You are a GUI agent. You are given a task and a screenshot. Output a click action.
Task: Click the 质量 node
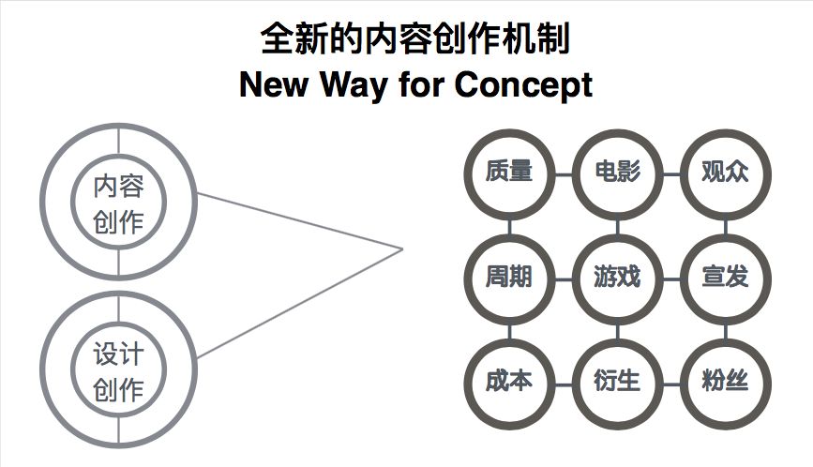click(x=509, y=173)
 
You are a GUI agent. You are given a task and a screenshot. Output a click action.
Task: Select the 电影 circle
click(x=617, y=173)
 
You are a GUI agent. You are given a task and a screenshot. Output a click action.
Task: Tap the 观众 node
click(x=725, y=173)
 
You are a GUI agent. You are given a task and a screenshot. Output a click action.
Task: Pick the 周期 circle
click(x=509, y=279)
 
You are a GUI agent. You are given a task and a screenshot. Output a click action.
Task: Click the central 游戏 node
click(x=617, y=279)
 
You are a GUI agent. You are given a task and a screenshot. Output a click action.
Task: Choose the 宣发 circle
click(x=725, y=279)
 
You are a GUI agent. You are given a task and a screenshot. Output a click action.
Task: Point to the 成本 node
click(x=509, y=383)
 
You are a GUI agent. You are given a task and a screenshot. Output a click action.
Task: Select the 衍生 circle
click(x=617, y=383)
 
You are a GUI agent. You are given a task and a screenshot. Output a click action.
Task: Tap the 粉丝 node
click(x=725, y=383)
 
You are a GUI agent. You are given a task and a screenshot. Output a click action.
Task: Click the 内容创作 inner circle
click(x=118, y=203)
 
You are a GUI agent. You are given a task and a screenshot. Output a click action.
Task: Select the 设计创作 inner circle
click(x=118, y=371)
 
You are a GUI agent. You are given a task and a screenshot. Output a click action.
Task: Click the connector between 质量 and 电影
click(x=563, y=173)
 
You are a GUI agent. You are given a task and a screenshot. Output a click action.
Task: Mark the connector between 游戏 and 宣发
click(x=671, y=279)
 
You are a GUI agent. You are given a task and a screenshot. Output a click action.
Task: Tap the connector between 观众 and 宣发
click(x=725, y=226)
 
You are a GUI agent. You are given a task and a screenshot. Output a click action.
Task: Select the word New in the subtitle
click(x=273, y=85)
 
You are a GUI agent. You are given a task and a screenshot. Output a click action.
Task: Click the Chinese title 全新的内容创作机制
click(x=414, y=39)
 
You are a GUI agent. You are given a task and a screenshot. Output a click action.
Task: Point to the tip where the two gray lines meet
click(x=402, y=249)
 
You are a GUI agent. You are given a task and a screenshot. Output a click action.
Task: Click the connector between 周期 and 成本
click(x=509, y=331)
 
